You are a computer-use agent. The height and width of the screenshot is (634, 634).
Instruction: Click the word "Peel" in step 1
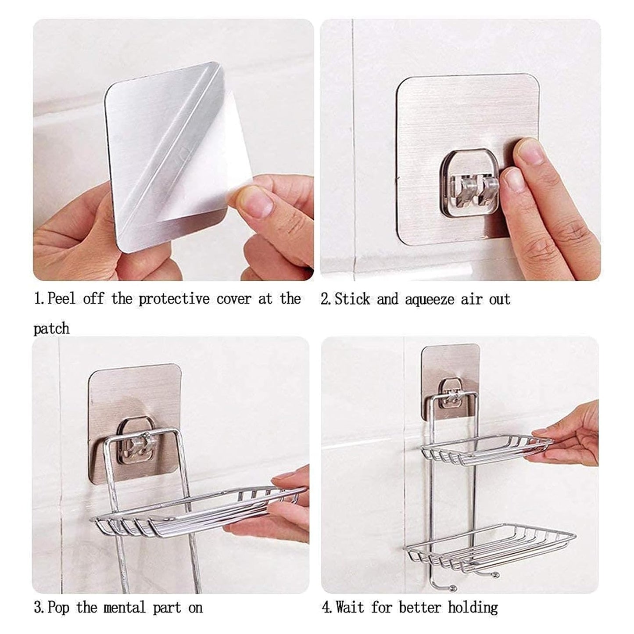(61, 299)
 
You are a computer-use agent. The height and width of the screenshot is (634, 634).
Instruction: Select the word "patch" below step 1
(51, 329)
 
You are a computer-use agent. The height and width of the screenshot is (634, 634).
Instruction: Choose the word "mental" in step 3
(124, 608)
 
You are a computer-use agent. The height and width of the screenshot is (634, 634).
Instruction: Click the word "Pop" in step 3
(58, 608)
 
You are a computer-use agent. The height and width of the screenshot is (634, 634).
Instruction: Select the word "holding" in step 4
(473, 608)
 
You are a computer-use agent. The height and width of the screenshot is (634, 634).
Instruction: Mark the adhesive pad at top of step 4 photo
(450, 364)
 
